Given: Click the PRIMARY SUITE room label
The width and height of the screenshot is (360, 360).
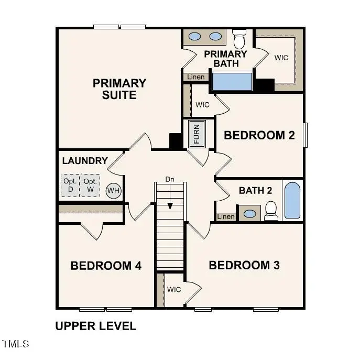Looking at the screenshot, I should (x=119, y=89).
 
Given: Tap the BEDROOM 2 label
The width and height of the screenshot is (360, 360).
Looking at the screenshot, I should (x=259, y=135).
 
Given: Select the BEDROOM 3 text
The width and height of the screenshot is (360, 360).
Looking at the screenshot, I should (x=244, y=265).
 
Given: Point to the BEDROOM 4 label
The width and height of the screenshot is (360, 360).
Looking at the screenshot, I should (x=106, y=266).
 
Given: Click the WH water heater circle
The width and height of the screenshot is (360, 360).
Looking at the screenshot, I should (x=113, y=191).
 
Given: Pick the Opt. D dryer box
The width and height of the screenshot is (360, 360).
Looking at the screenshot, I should (x=70, y=185).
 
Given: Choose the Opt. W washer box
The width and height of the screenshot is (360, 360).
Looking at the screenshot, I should (x=90, y=185).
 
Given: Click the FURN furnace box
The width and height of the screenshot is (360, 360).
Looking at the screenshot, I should (x=197, y=134).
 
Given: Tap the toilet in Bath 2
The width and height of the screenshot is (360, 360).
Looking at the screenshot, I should (x=271, y=210).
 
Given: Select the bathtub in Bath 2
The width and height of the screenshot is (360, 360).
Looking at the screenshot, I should (x=292, y=201).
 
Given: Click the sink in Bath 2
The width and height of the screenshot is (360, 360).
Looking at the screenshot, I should (x=250, y=214).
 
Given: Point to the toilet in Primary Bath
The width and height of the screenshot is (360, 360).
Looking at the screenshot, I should (x=239, y=39).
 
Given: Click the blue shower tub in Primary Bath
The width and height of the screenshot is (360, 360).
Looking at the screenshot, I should (x=232, y=82).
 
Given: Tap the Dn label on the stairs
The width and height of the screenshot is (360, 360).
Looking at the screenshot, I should (x=170, y=179).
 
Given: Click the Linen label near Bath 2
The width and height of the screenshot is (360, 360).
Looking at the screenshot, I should (x=225, y=216).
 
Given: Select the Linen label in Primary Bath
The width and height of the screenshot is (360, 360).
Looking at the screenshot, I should (x=196, y=77).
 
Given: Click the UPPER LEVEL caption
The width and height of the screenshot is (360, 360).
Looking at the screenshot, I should (x=95, y=326).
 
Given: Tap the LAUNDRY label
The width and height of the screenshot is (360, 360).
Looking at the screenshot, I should (x=85, y=161).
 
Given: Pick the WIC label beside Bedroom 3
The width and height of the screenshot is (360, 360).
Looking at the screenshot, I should (x=174, y=289).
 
